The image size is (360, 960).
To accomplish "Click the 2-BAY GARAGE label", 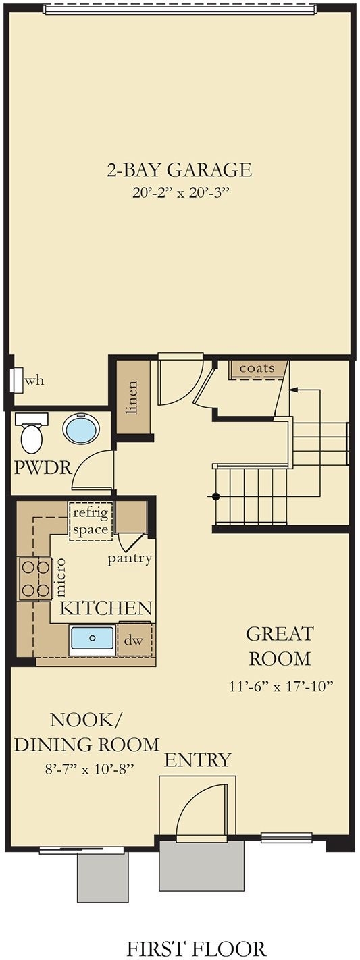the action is pyautogui.click(x=179, y=169).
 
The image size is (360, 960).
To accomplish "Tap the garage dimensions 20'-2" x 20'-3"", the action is pyautogui.click(x=179, y=193).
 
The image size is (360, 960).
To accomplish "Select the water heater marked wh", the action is pyautogui.click(x=18, y=379).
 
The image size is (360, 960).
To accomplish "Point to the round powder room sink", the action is pyautogui.click(x=82, y=429).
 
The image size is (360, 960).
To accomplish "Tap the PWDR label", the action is pyautogui.click(x=43, y=468).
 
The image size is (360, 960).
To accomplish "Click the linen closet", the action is pyautogui.click(x=133, y=397).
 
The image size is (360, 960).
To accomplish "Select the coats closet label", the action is pyautogui.click(x=257, y=368).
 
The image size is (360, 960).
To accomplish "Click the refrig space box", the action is pyautogui.click(x=91, y=521).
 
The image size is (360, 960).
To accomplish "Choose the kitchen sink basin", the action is pyautogui.click(x=93, y=638).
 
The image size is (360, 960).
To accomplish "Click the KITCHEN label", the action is pyautogui.click(x=106, y=608).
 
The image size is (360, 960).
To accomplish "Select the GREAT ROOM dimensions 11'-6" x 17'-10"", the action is pyautogui.click(x=281, y=687).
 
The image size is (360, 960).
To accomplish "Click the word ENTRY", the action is pyautogui.click(x=198, y=760).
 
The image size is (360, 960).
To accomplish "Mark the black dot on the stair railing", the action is pyautogui.click(x=216, y=496).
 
